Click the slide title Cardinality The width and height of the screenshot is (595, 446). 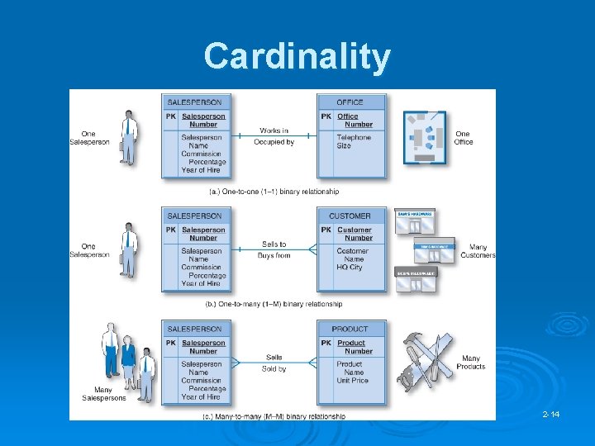pyautogui.click(x=297, y=57)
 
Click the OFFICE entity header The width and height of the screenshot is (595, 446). pyautogui.click(x=350, y=102)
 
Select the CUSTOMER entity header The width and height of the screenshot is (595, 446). pyautogui.click(x=350, y=216)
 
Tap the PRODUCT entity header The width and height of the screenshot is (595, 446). pyautogui.click(x=350, y=330)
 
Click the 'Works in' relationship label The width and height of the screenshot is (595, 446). pyautogui.click(x=274, y=130)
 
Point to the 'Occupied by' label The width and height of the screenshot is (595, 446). pyautogui.click(x=274, y=142)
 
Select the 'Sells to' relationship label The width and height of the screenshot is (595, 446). pyautogui.click(x=274, y=244)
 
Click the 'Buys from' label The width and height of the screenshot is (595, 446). pyautogui.click(x=274, y=256)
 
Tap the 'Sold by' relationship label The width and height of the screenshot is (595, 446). pyautogui.click(x=274, y=369)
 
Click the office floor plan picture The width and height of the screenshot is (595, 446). pyautogui.click(x=426, y=137)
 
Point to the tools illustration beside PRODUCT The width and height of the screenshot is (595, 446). pyautogui.click(x=425, y=362)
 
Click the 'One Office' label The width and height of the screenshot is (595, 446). pyautogui.click(x=464, y=137)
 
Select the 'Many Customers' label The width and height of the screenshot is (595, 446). pyautogui.click(x=478, y=251)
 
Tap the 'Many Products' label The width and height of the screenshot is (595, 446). pyautogui.click(x=470, y=363)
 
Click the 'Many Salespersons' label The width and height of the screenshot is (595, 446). pyautogui.click(x=104, y=394)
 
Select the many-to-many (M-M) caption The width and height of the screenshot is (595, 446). pyautogui.click(x=274, y=417)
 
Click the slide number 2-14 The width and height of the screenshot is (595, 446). pyautogui.click(x=551, y=414)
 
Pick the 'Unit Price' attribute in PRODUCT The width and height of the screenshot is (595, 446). pyautogui.click(x=353, y=381)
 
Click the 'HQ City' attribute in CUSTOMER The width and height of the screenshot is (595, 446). pyautogui.click(x=350, y=268)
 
